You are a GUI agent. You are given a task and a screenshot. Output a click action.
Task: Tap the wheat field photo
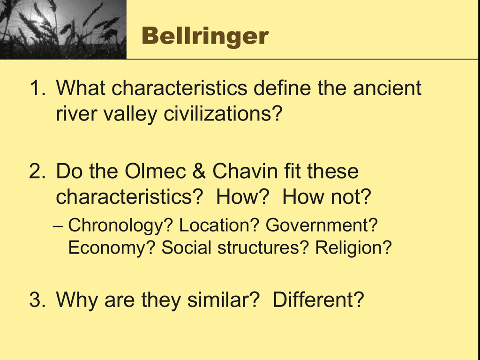[x=63, y=30]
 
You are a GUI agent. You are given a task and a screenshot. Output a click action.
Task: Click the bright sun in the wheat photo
[x=39, y=19]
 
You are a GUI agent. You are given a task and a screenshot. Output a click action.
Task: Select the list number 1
[x=37, y=88]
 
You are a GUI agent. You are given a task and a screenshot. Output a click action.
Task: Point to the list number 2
[x=38, y=171]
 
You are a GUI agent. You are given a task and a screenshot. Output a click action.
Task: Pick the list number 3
[x=38, y=300]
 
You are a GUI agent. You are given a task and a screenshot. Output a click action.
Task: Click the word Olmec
[x=156, y=171]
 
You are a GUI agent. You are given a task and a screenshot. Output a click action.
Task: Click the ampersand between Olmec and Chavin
[x=199, y=171]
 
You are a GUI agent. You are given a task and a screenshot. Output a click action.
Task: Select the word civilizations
[x=223, y=114]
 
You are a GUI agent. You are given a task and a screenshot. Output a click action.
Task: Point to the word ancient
[x=387, y=88]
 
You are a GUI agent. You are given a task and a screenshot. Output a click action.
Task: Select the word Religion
[x=353, y=248]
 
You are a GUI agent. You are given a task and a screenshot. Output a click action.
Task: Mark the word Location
[x=219, y=225]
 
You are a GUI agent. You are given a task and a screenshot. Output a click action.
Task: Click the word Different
[x=318, y=300]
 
